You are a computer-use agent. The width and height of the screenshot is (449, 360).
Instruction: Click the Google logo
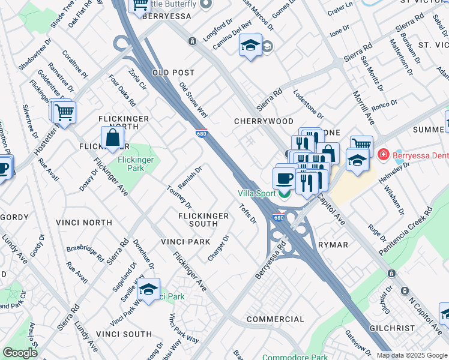(20, 353)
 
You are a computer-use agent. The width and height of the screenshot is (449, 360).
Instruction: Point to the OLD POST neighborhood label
(173, 73)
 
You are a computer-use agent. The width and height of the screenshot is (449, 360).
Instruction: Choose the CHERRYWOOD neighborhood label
(264, 121)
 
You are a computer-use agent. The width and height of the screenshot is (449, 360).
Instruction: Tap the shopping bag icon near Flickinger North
(112, 138)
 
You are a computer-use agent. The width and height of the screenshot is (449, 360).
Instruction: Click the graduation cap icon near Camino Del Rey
(250, 46)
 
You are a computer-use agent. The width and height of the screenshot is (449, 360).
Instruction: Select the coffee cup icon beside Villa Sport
(284, 178)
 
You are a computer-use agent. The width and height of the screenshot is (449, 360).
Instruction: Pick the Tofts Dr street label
(248, 214)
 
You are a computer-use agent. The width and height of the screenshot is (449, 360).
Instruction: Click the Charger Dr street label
(218, 247)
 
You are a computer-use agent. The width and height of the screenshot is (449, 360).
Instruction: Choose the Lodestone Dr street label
(308, 104)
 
